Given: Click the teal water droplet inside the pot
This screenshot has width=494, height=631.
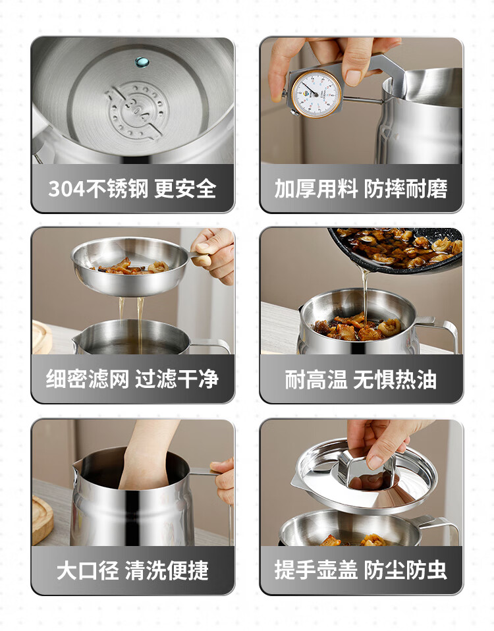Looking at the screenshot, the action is click(x=142, y=62).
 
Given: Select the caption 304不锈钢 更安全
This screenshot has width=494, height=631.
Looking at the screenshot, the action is click(x=132, y=188).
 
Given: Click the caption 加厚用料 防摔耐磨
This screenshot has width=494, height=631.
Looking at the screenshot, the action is click(x=361, y=188).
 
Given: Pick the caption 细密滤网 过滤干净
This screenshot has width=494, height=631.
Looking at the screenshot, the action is click(x=132, y=379).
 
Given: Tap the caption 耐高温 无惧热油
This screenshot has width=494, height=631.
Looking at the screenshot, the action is click(x=361, y=379).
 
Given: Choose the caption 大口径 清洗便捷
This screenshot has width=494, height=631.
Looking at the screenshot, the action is click(x=132, y=570).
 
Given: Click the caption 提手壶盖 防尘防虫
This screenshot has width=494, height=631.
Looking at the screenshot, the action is click(x=361, y=570).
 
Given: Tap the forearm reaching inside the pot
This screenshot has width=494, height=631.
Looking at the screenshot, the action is click(x=149, y=454).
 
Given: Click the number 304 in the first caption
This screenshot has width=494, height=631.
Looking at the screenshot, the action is click(x=67, y=188).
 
